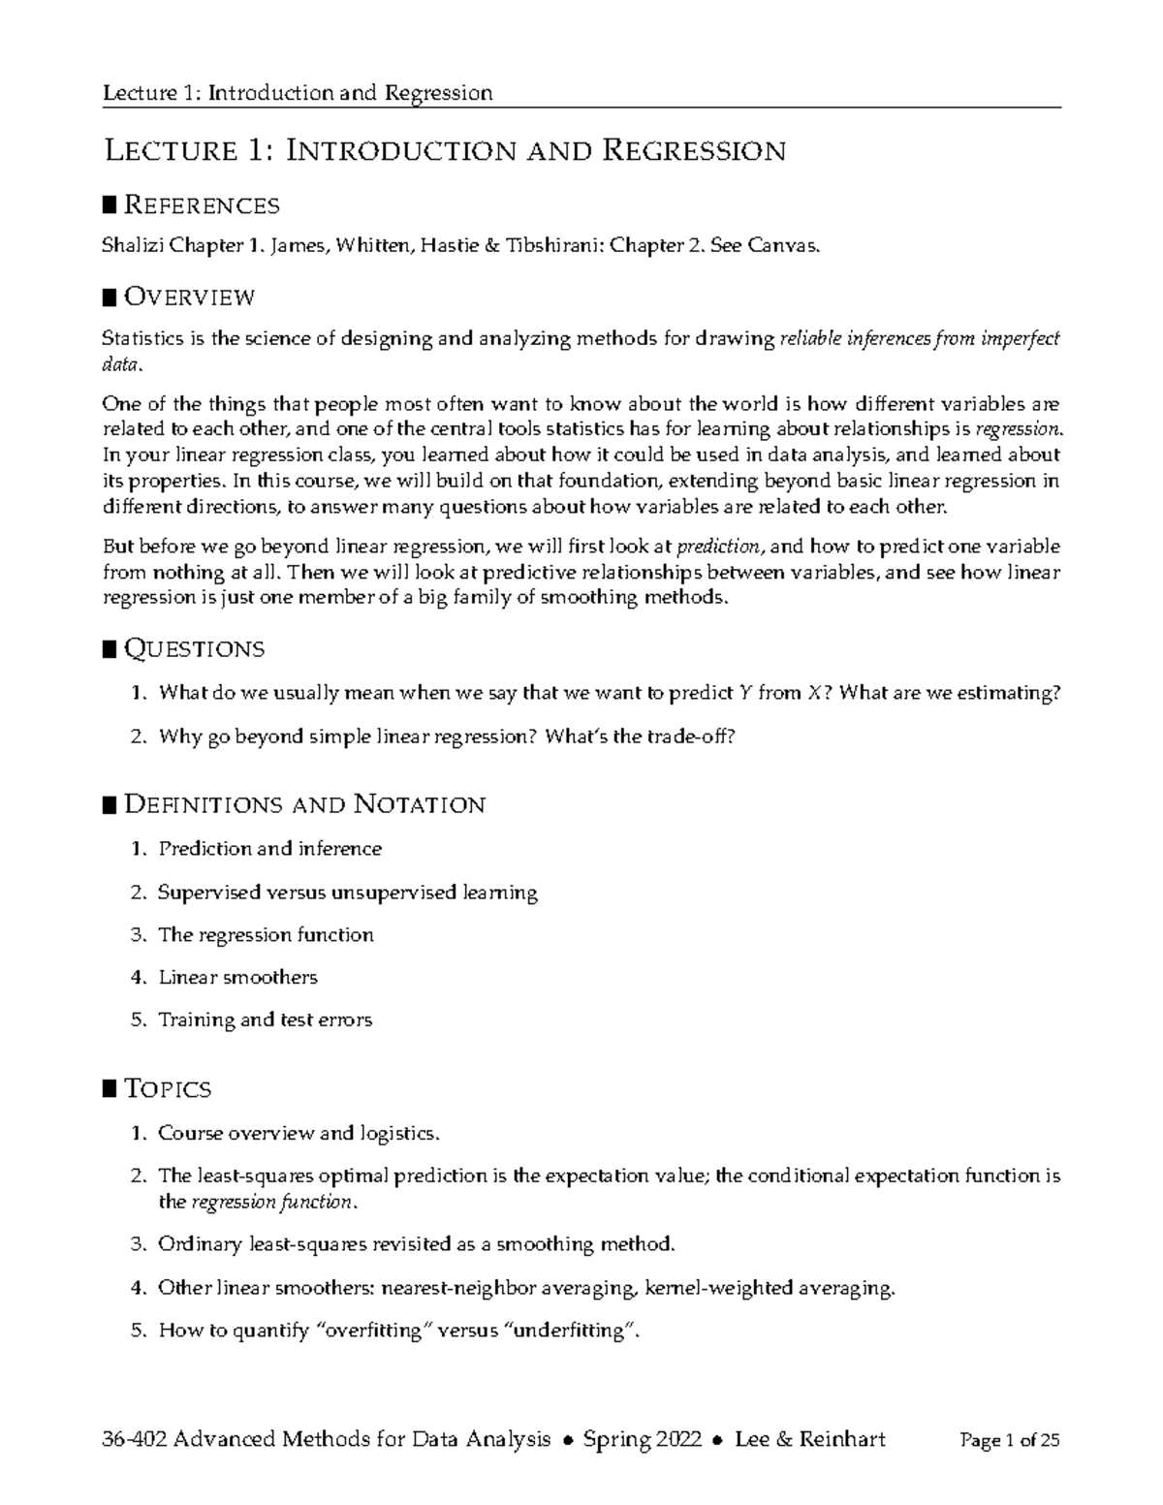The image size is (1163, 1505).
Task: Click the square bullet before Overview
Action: (x=110, y=296)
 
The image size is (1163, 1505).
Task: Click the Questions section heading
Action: (x=194, y=648)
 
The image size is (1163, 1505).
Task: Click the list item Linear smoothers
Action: (x=237, y=977)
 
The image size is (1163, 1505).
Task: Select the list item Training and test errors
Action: (x=265, y=1019)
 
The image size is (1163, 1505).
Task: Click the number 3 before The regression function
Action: (x=137, y=935)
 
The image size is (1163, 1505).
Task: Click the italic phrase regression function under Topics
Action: (x=272, y=1202)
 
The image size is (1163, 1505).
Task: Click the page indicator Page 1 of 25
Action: (x=1009, y=1441)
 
